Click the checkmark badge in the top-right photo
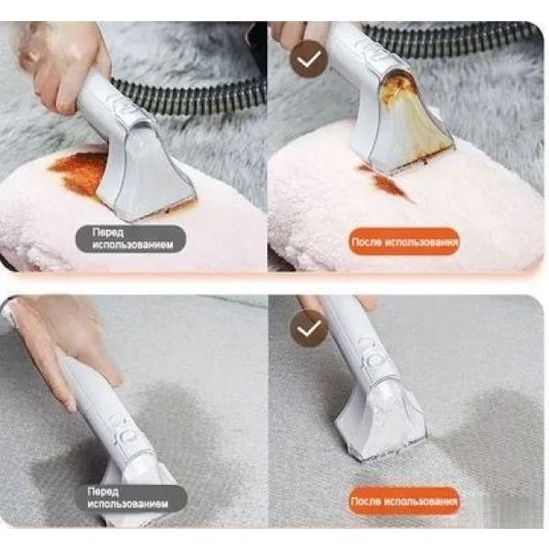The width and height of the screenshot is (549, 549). (x=309, y=59)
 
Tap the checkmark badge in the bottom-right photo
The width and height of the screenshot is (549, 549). (x=309, y=328)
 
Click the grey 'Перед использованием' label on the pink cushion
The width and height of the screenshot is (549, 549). (x=131, y=239)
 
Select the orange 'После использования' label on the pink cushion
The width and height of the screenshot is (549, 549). (x=404, y=242)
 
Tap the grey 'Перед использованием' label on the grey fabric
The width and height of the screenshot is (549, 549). (x=131, y=498)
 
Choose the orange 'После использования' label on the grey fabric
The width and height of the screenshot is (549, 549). (x=404, y=501)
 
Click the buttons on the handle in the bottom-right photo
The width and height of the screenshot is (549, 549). (x=373, y=353)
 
